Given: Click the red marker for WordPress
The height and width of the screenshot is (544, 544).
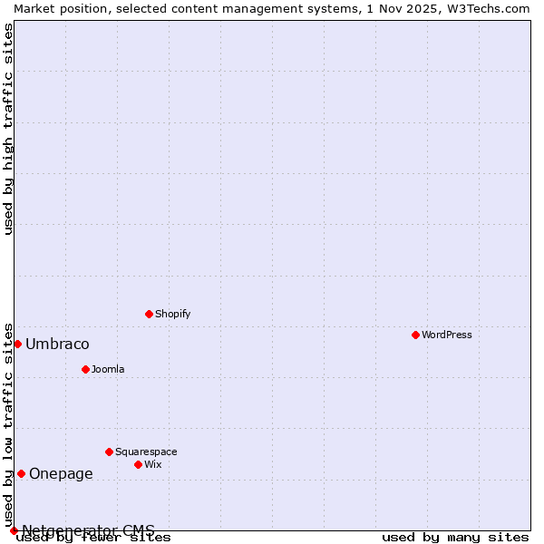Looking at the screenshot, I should point(415,335).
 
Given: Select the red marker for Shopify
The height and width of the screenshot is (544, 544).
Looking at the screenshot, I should point(149,314).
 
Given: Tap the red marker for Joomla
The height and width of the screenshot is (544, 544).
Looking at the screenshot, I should point(85,369).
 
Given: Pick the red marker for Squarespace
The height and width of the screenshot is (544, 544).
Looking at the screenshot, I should point(109,452).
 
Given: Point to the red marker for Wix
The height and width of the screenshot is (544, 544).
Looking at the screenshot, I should point(138,464).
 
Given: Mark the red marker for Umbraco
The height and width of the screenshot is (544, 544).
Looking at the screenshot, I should point(17,344).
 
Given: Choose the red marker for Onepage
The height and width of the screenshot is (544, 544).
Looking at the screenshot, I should point(21,473).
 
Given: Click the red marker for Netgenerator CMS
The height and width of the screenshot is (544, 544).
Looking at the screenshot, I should point(14,530).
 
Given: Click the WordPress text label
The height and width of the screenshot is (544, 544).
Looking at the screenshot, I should point(447,335).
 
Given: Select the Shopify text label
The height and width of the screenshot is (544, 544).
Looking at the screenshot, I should point(172,314).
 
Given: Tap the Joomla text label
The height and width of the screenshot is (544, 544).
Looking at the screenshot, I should point(108,369).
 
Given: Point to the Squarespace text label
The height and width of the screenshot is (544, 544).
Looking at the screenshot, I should point(146,452).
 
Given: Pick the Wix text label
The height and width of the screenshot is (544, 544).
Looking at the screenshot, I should point(153,464).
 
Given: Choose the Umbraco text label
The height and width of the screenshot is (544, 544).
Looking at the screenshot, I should point(57,345).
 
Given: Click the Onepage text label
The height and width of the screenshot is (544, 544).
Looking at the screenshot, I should point(61,473).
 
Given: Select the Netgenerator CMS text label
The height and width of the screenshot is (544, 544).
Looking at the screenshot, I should point(88,530).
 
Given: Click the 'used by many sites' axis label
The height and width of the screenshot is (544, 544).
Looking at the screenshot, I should point(455,538).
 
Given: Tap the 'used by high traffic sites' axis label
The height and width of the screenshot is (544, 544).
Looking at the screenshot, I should point(8,129).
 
